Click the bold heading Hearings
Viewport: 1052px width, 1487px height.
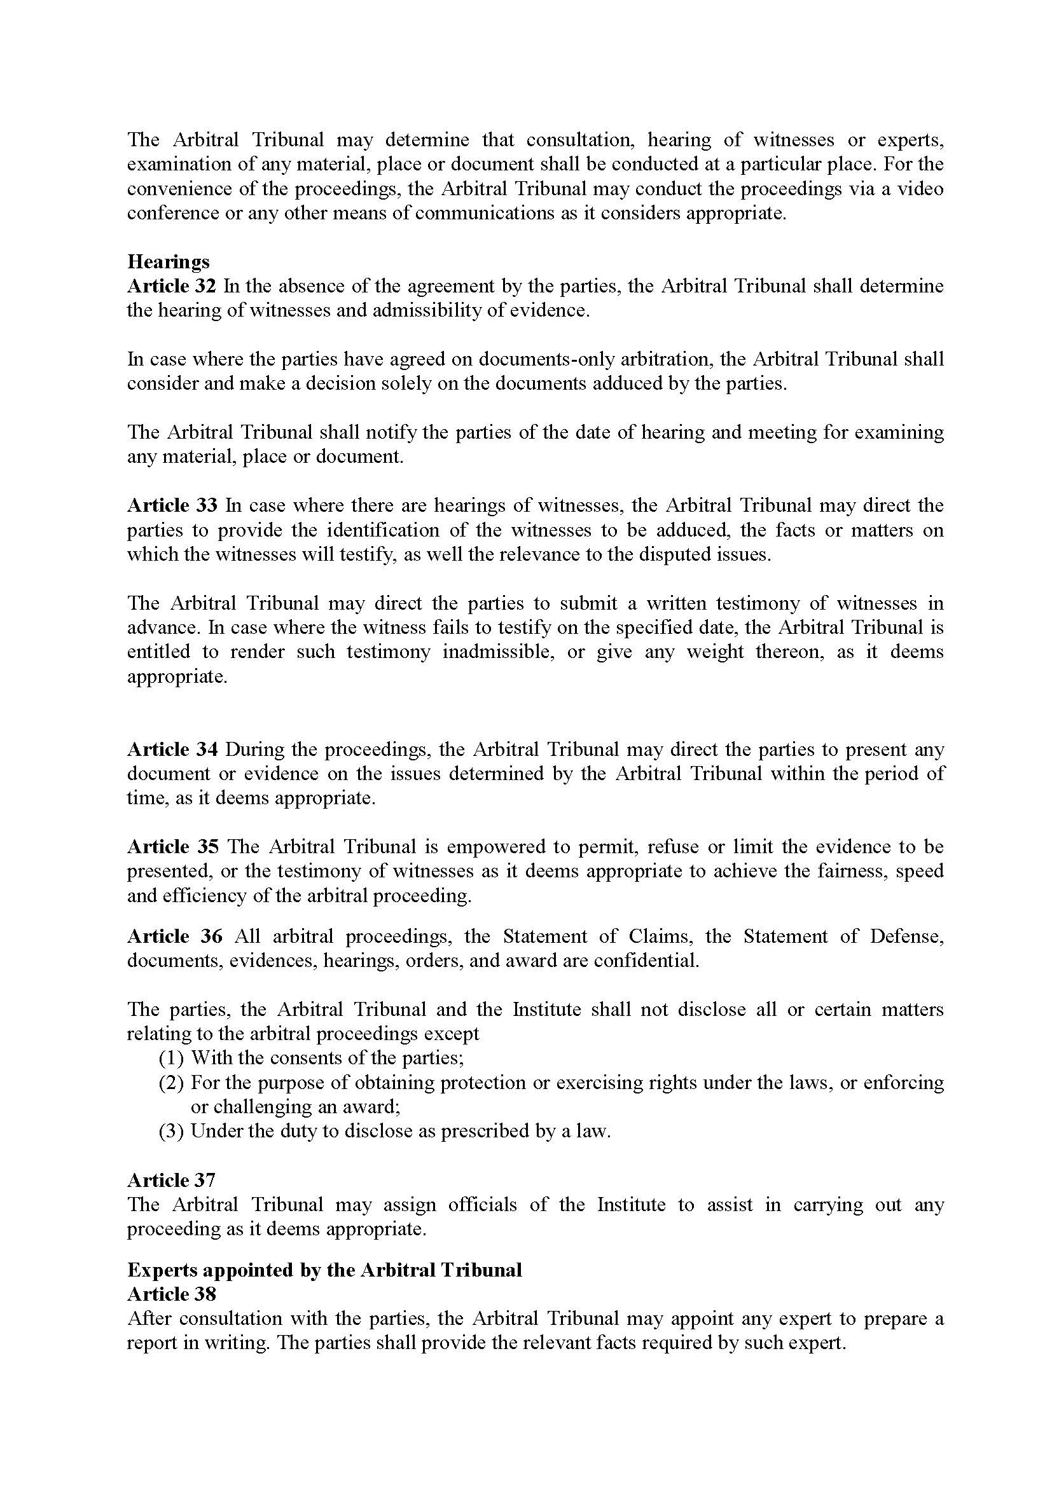169,262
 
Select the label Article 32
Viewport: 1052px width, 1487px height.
171,286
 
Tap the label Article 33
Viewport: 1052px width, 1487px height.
171,505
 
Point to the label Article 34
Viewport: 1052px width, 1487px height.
171,750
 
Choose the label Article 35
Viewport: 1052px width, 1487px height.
171,846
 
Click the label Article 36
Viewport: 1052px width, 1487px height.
174,936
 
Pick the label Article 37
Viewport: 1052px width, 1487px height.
171,1181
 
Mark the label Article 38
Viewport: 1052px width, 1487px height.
171,1294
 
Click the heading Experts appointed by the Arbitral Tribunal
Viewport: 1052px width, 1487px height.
324,1270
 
